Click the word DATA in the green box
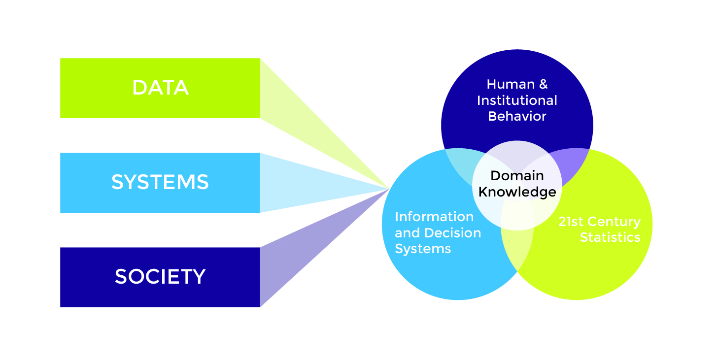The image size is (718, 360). pyautogui.click(x=160, y=88)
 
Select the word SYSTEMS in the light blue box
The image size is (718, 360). pyautogui.click(x=160, y=183)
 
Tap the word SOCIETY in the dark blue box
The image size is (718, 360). pyautogui.click(x=160, y=277)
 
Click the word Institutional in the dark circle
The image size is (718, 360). pyautogui.click(x=517, y=100)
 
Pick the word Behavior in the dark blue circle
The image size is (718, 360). pyautogui.click(x=517, y=116)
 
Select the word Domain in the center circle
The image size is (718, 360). pyautogui.click(x=517, y=176)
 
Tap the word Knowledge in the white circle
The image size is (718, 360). pyautogui.click(x=517, y=192)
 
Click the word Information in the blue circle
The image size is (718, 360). pyautogui.click(x=434, y=217)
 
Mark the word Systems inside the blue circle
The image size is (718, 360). pyautogui.click(x=423, y=249)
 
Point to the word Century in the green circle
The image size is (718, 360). pyautogui.click(x=616, y=222)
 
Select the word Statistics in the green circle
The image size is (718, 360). pyautogui.click(x=610, y=237)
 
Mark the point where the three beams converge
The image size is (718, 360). pyautogui.click(x=389, y=188)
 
